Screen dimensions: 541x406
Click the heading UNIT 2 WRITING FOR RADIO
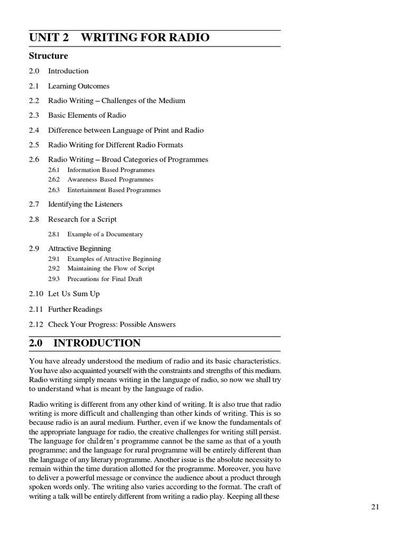point(119,38)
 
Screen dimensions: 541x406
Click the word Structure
point(49,56)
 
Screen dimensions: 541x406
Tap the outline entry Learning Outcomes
point(79,86)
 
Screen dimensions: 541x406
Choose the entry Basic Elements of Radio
point(87,115)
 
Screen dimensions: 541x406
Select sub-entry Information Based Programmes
point(111,170)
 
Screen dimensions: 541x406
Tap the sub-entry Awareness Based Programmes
point(110,180)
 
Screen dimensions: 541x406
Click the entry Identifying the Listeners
point(85,204)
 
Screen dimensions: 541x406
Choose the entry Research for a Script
point(82,219)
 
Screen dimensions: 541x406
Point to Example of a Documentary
point(105,234)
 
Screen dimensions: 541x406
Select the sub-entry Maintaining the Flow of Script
point(111,269)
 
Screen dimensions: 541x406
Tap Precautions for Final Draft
point(105,279)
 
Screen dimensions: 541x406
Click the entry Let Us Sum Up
point(74,294)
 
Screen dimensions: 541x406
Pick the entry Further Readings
point(75,309)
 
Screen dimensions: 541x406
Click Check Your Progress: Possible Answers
point(112,324)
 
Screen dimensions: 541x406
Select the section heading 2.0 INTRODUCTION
point(85,343)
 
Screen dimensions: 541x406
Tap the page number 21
point(375,507)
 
